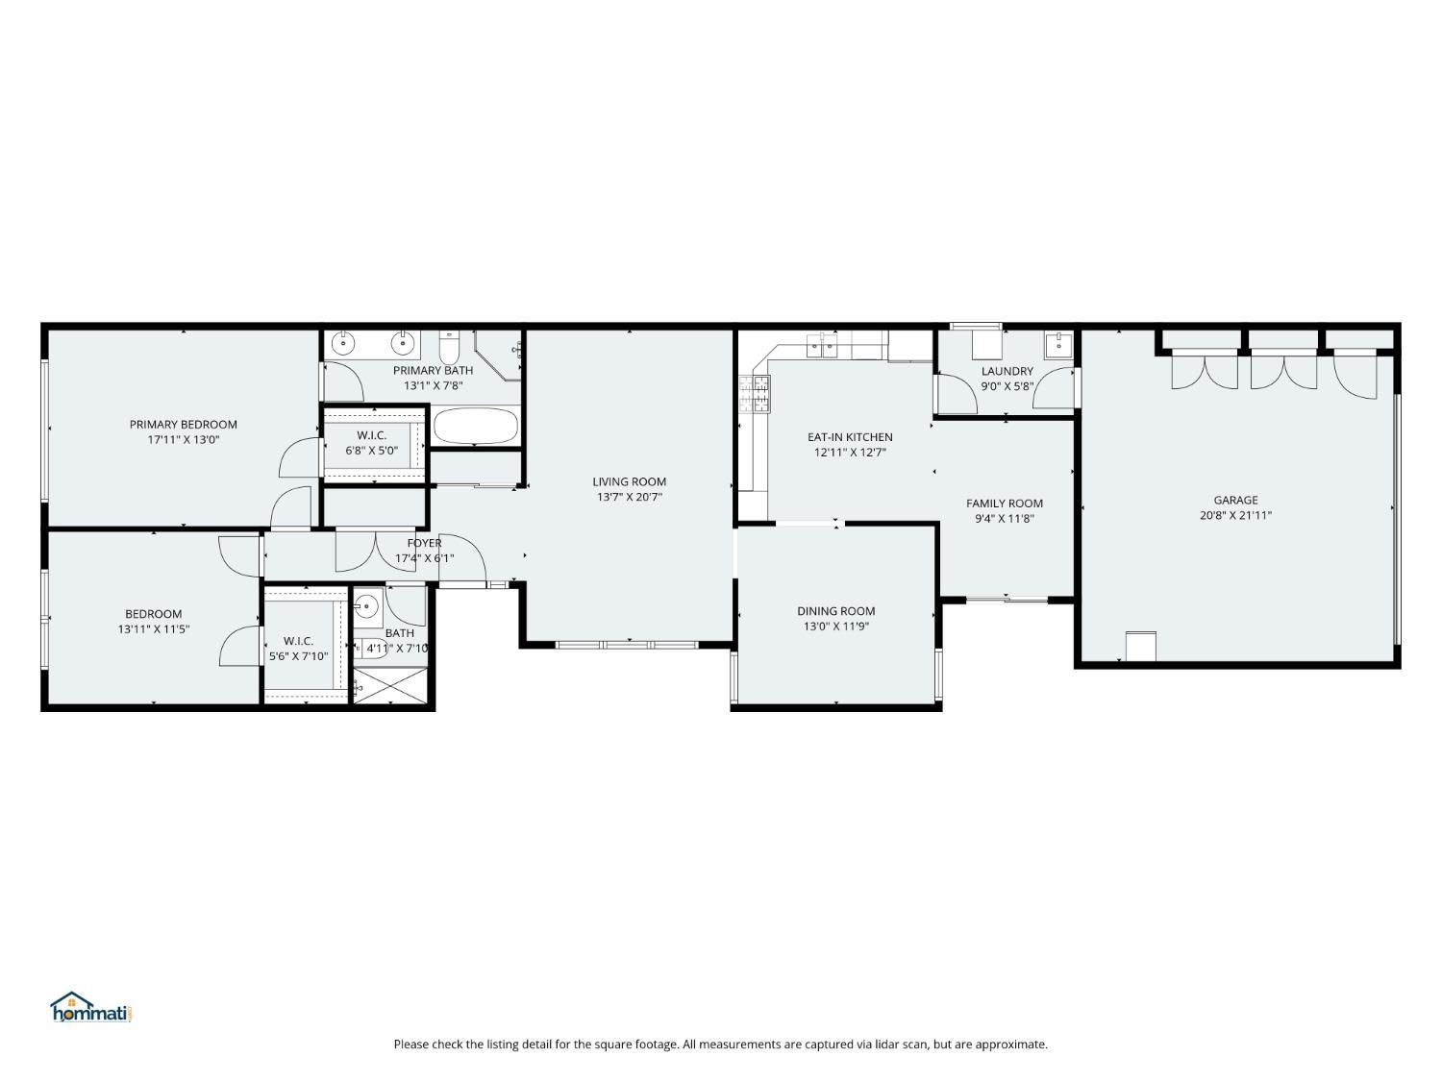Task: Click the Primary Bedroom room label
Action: (x=184, y=425)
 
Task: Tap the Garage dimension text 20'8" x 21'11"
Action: (x=1235, y=515)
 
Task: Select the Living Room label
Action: (x=630, y=481)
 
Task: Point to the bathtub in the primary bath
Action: (x=476, y=427)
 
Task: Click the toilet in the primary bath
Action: (x=449, y=347)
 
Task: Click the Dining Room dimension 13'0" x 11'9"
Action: (x=836, y=626)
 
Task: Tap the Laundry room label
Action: (x=1007, y=372)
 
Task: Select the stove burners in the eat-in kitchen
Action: (x=755, y=394)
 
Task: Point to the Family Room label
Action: (x=1005, y=504)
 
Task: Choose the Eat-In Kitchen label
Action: (x=850, y=437)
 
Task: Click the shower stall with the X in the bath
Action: (x=390, y=685)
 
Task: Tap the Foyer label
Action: (x=424, y=543)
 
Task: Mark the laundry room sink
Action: (x=1058, y=345)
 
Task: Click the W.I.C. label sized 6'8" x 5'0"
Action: (x=372, y=435)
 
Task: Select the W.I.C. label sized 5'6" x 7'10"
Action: (x=298, y=641)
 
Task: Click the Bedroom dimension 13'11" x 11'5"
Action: (x=154, y=628)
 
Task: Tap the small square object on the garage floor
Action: (x=1140, y=646)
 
